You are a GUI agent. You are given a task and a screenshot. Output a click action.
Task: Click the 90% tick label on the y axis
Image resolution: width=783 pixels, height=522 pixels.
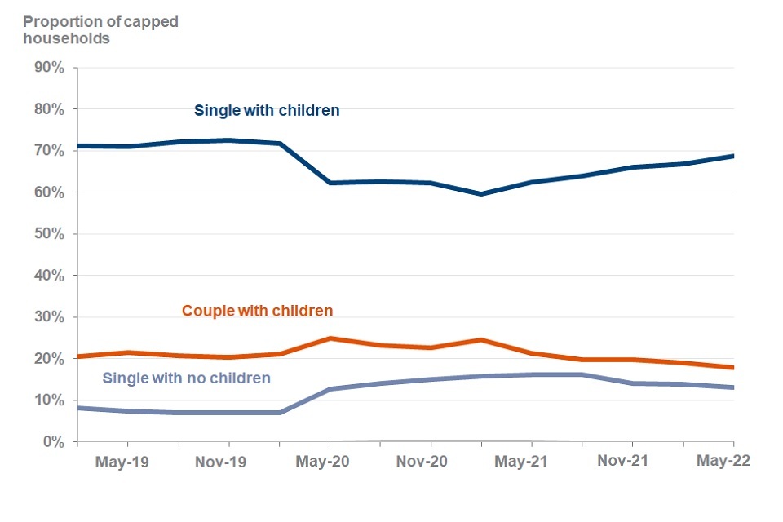coord(47,68)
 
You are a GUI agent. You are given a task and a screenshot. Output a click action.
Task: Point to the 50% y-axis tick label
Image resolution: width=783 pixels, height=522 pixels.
coord(47,234)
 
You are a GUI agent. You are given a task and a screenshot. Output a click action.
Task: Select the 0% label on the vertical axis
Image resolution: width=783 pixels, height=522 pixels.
coord(51,442)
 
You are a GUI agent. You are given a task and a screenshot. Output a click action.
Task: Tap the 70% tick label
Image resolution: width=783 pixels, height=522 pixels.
coord(47,151)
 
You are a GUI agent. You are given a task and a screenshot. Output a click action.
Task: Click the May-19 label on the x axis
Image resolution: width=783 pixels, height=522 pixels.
coord(122,462)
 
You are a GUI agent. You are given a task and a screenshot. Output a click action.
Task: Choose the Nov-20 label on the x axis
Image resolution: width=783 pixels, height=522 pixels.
coord(422,462)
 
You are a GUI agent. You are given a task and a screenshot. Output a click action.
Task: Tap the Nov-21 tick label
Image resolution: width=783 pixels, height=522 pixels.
coord(623,462)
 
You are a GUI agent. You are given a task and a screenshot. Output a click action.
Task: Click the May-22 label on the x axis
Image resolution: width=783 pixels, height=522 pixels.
coord(722,461)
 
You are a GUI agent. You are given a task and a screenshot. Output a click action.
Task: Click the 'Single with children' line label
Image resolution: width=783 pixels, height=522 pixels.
coord(267,110)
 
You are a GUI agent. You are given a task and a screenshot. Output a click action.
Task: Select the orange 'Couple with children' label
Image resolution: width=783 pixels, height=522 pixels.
coord(257,311)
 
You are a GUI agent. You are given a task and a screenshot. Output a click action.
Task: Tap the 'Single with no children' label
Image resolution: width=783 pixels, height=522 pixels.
coord(186,378)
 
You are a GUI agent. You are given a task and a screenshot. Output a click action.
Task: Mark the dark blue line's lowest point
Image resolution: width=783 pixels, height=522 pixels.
coord(481,194)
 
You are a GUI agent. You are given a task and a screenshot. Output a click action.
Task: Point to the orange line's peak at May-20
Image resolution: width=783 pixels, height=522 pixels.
coord(329,338)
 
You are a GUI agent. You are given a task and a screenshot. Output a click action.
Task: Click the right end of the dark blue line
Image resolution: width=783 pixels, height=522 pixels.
coord(733,156)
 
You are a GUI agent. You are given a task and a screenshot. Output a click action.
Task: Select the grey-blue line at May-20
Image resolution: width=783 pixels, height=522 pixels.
coord(329,389)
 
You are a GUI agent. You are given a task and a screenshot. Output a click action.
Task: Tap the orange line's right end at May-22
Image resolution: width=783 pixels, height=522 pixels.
coord(733,368)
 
